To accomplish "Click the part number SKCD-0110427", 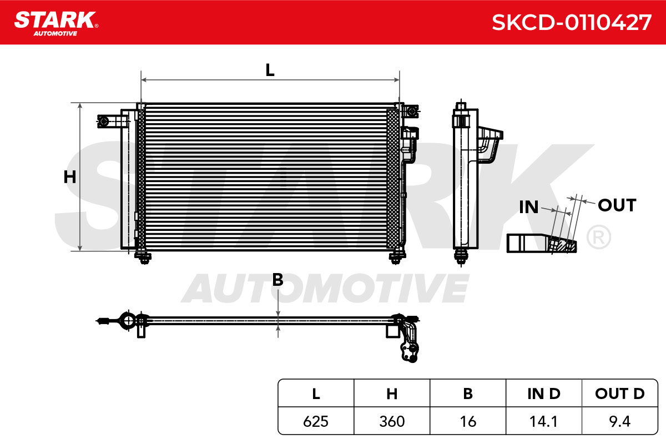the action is click(x=572, y=22).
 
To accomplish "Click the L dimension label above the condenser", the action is click(x=270, y=70).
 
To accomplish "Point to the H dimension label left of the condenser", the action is click(x=70, y=177).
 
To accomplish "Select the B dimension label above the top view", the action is click(x=277, y=280).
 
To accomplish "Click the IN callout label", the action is click(x=528, y=207).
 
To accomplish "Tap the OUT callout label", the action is click(x=617, y=205).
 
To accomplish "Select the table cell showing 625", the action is click(x=316, y=421).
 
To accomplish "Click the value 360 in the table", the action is click(x=392, y=421).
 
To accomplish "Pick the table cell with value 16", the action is click(x=468, y=421).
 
